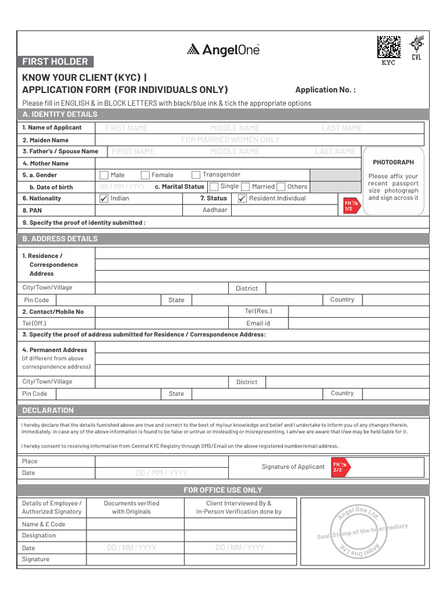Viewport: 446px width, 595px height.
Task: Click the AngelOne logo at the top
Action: [x=223, y=50]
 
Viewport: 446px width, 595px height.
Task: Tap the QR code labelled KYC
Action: [x=389, y=47]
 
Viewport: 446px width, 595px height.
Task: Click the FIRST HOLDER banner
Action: [x=55, y=62]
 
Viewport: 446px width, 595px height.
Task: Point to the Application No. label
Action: [x=325, y=89]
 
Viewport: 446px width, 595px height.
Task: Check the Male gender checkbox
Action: [x=104, y=175]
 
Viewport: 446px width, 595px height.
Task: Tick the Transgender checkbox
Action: [x=196, y=175]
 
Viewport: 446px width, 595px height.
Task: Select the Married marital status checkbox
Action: [x=245, y=187]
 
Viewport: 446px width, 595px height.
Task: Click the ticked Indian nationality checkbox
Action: [x=104, y=198]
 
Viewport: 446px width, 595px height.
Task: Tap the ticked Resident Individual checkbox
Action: [x=242, y=198]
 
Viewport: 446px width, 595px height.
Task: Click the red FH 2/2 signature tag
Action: [x=339, y=467]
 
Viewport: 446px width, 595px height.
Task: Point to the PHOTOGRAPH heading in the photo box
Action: [x=393, y=162]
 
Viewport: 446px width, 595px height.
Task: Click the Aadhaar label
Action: [x=215, y=210]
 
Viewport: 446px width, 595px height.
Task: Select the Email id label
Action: [x=258, y=323]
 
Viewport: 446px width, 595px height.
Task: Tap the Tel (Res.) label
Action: [x=258, y=311]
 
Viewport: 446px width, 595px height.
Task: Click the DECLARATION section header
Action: [x=48, y=410]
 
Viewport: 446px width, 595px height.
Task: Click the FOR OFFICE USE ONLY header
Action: [x=223, y=490]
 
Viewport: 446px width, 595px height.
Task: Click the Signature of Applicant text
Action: [x=293, y=467]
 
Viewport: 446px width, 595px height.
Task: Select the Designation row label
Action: [x=39, y=535]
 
